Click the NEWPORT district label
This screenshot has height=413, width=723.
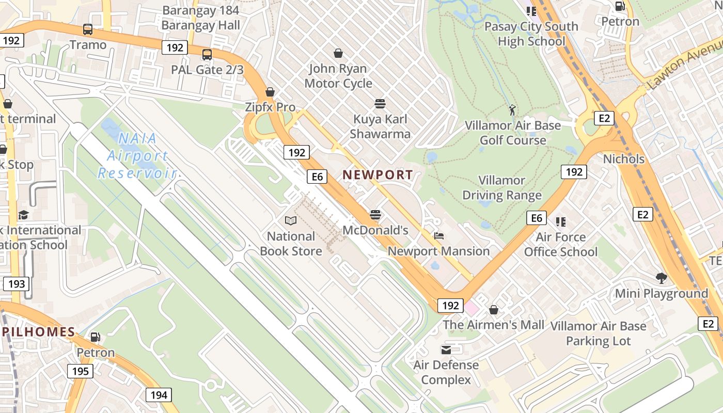point(378,175)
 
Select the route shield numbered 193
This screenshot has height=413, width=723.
point(16,283)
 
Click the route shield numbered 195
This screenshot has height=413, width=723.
point(80,371)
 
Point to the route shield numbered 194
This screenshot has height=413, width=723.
point(159,395)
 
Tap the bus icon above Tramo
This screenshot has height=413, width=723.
point(88,29)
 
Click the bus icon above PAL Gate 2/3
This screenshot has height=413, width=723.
point(207,54)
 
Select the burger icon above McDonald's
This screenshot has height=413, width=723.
point(375,215)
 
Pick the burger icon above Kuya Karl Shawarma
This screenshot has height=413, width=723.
point(380,104)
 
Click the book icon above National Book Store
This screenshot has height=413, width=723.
point(291,221)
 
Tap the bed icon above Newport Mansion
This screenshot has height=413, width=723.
point(439,236)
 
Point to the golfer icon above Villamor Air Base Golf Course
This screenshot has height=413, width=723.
point(512,110)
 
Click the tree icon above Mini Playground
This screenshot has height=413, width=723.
point(661,278)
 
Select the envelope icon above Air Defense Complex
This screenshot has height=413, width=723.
point(446,350)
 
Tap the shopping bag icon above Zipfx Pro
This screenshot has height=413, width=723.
point(270,92)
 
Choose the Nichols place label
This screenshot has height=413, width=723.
point(624,159)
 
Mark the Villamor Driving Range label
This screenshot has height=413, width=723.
point(501,188)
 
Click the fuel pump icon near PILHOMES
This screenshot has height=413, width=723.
point(96,337)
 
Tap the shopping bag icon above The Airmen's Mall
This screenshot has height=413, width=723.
point(494,310)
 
